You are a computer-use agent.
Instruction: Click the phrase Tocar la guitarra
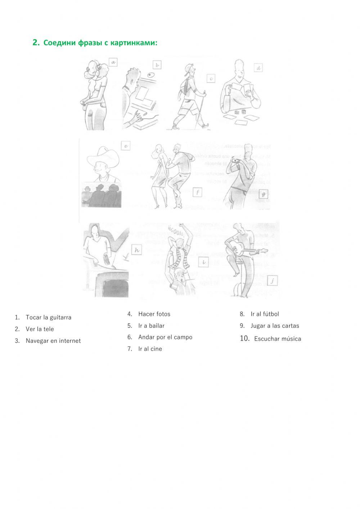coord(48,317)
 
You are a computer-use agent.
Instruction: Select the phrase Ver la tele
coord(40,329)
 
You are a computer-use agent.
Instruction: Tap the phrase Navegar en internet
coord(53,341)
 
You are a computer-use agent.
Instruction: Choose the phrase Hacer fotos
coord(154,314)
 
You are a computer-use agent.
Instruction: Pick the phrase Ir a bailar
coord(151,326)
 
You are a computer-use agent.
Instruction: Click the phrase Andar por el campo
coord(165,337)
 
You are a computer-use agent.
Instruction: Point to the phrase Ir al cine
coord(150,349)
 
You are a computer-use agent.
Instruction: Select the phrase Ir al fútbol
coord(265,314)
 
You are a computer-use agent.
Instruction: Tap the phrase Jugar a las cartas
coord(275,326)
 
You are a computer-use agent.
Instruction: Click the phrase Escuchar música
coord(278,339)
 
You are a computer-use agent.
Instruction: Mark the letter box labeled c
coord(211,78)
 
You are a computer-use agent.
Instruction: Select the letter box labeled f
coord(197,192)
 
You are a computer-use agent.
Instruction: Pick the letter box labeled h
coord(137,250)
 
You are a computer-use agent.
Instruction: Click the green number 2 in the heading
coord(35,43)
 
